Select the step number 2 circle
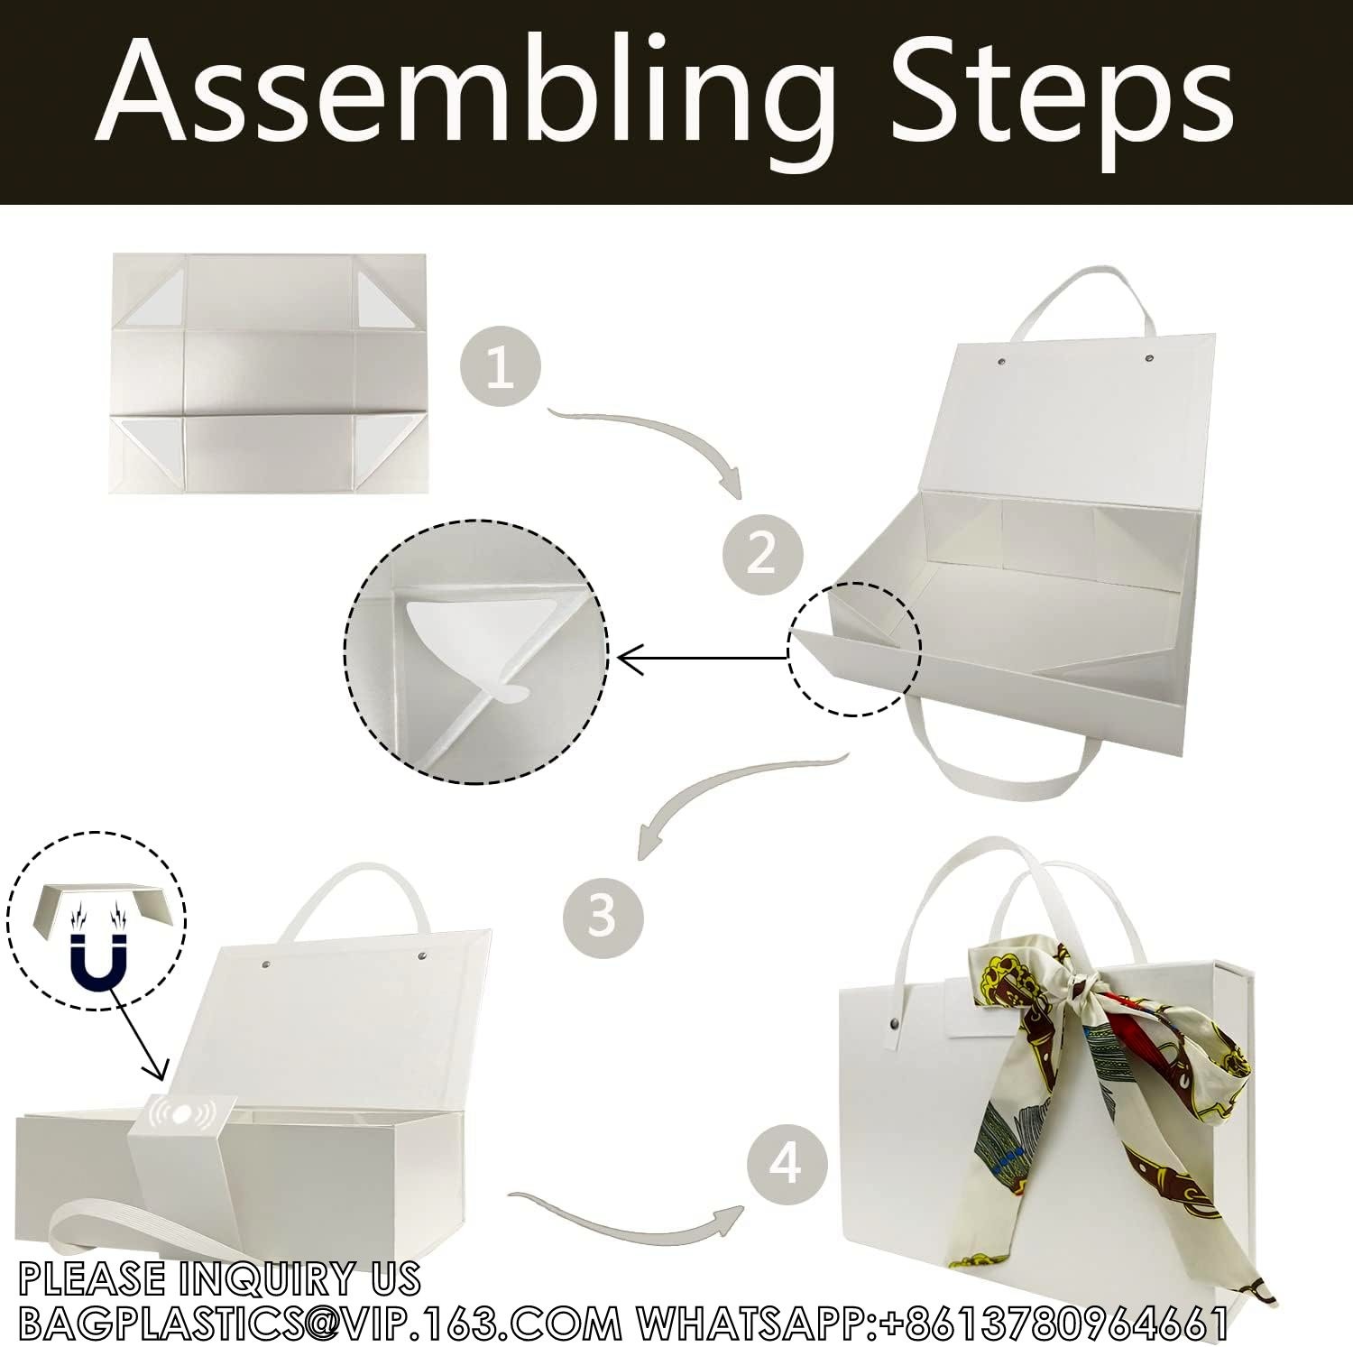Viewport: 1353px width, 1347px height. coord(762,551)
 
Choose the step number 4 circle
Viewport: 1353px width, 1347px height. coord(786,1164)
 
